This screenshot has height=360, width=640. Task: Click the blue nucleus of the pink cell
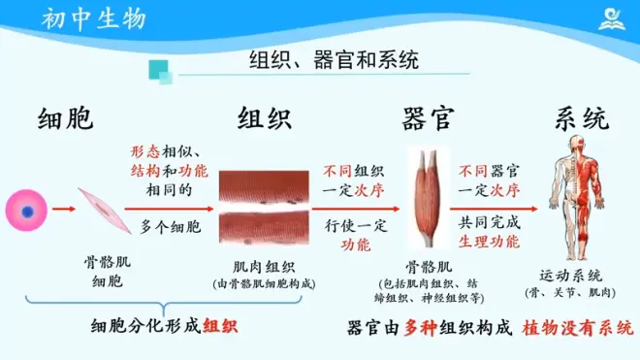click(27, 213)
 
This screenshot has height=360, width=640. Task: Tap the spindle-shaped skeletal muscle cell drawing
click(106, 211)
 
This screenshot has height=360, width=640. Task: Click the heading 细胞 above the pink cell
click(66, 119)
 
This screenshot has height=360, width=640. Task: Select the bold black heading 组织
click(265, 118)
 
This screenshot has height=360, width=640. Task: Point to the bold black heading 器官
click(428, 119)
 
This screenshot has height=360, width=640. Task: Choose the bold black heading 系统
click(582, 119)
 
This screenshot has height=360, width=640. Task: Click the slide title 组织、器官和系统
click(334, 60)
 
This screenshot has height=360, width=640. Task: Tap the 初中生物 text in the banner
click(94, 19)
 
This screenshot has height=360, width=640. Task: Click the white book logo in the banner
click(612, 19)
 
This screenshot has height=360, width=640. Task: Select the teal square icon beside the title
click(160, 72)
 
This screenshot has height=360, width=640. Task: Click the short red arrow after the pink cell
click(64, 210)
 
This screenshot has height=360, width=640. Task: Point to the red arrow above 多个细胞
click(169, 209)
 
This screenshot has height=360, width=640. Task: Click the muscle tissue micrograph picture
click(264, 208)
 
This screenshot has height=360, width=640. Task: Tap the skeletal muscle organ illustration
click(429, 198)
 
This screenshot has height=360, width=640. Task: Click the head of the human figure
click(577, 145)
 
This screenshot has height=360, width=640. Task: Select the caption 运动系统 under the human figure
click(570, 276)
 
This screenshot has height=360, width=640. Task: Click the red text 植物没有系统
click(578, 328)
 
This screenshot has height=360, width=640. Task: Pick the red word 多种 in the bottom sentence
click(421, 328)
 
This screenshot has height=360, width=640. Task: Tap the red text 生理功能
click(489, 242)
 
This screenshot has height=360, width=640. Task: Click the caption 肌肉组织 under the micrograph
click(264, 267)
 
